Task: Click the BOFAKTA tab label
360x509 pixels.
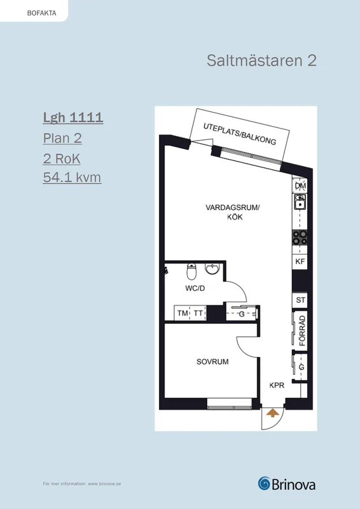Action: point(41,13)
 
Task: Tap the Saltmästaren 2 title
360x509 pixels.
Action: point(261,60)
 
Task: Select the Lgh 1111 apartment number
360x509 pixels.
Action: point(73,118)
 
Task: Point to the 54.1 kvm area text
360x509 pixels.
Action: point(72,178)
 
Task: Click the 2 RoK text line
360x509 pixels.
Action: point(62,158)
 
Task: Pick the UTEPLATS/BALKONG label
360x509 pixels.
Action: point(240,134)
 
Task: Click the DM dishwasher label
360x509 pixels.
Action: point(300,186)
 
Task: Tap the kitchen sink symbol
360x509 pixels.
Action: point(300,202)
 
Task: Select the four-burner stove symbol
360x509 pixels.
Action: point(300,237)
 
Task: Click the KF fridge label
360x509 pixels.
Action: point(300,261)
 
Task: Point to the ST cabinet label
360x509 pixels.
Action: point(300,300)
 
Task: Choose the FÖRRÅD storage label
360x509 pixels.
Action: point(302,331)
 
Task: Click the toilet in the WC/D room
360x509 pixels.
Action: point(191,272)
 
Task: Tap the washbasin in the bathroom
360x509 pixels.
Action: point(212,268)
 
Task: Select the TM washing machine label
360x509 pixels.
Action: point(183,313)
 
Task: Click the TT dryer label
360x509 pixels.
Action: point(198,313)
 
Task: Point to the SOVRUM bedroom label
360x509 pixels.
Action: point(212,361)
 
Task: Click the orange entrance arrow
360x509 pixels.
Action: point(273,412)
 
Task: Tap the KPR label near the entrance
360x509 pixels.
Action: point(277,386)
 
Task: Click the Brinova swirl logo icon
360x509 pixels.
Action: point(265,484)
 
